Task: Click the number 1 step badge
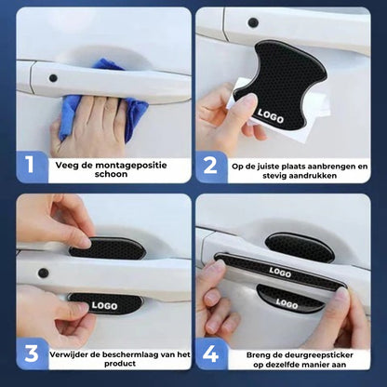31,166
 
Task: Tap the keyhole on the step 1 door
53,78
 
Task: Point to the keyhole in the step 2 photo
253,21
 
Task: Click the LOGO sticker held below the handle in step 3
104,304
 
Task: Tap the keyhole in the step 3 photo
43,274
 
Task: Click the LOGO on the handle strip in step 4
280,273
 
